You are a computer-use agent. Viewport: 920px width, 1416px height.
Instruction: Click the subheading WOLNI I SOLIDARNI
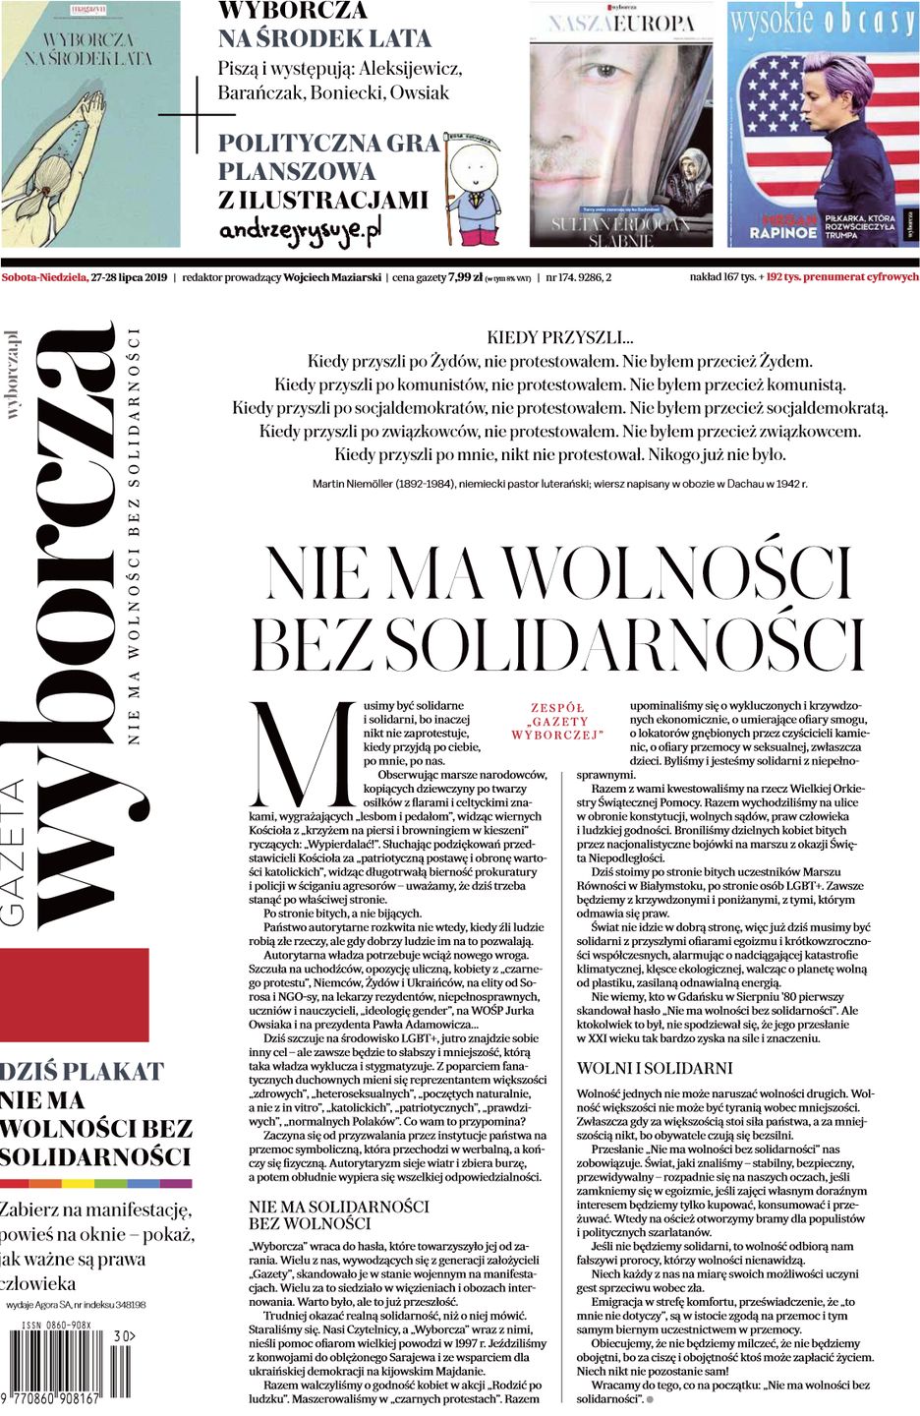click(654, 1068)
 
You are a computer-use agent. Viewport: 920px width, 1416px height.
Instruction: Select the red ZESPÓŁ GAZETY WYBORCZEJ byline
click(557, 721)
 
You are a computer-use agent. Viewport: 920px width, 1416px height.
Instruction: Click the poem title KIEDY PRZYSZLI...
click(559, 337)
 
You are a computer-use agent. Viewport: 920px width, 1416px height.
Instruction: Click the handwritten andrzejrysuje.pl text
click(299, 230)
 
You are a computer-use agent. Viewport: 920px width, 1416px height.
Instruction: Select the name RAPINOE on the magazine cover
click(783, 233)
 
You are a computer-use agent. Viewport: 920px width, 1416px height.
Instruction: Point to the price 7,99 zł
click(464, 277)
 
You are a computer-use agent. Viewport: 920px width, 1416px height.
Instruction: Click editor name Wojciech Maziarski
click(331, 277)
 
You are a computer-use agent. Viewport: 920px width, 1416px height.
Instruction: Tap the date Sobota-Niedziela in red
click(44, 277)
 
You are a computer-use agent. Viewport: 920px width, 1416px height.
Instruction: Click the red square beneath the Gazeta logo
click(74, 994)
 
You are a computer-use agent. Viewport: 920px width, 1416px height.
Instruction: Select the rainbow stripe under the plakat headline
click(95, 1183)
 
